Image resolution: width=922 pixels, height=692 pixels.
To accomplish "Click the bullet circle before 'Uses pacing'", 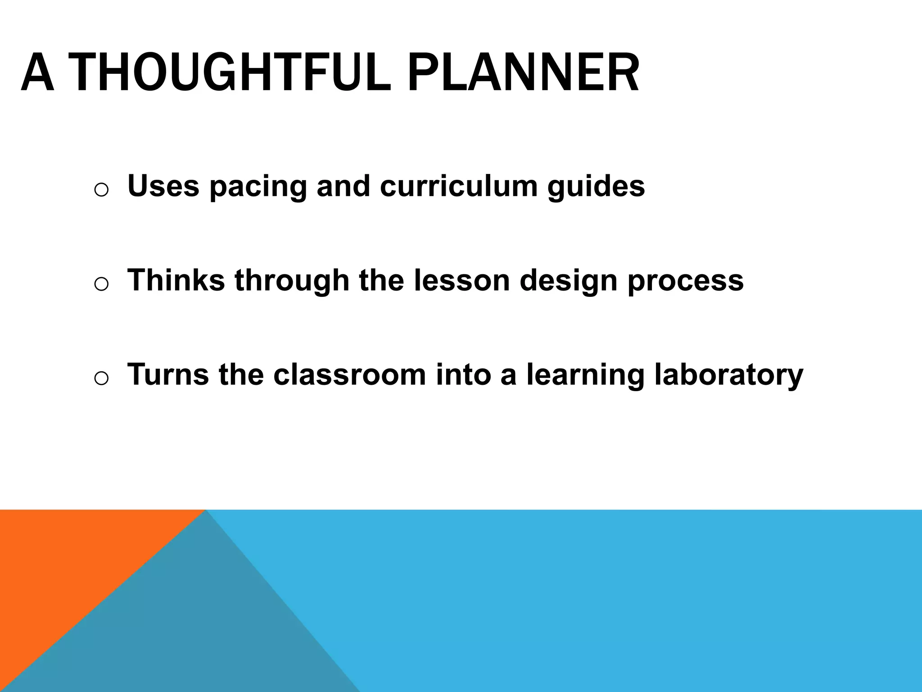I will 101,190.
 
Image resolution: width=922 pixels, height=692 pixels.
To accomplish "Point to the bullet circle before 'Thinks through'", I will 101,284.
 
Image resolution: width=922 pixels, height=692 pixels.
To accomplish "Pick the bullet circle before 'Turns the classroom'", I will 101,378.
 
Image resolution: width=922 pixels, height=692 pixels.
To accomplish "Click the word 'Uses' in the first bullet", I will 163,186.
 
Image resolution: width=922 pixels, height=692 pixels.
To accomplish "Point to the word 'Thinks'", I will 176,280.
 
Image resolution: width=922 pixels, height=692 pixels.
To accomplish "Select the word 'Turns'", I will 168,374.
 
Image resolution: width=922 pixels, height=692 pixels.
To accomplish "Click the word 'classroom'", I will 349,374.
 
